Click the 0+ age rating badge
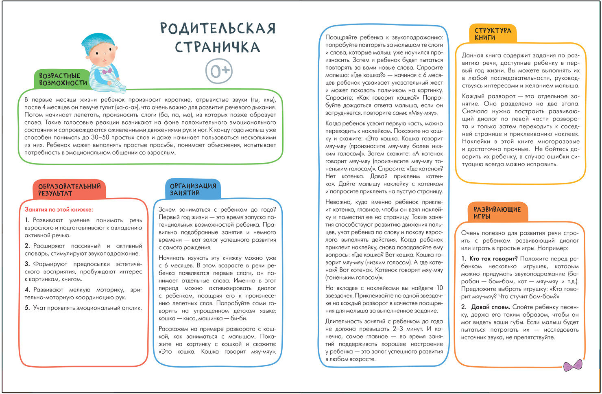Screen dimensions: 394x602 pyautogui.click(x=219, y=71)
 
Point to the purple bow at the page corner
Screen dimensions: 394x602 pyautogui.click(x=573, y=366)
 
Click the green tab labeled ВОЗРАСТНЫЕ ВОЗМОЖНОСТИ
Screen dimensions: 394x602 pyautogui.click(x=63, y=79)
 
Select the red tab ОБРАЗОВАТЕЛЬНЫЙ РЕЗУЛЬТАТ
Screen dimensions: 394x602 pyautogui.click(x=69, y=190)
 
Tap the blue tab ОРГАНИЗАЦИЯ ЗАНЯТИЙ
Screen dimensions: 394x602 pyautogui.click(x=193, y=189)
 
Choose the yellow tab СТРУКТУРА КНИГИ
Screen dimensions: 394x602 pyautogui.click(x=493, y=34)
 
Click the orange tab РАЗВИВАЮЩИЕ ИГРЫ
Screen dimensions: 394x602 pyautogui.click(x=497, y=212)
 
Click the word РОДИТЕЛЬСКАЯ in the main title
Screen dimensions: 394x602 pyautogui.click(x=218, y=28)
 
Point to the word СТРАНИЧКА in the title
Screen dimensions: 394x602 pyautogui.click(x=218, y=47)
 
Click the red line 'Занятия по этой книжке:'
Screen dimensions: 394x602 pyautogui.click(x=59, y=210)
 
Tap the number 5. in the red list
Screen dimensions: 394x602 pyautogui.click(x=27, y=308)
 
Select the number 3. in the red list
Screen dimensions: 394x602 pyautogui.click(x=27, y=264)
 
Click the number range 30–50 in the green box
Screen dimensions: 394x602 pyautogui.click(x=100, y=138)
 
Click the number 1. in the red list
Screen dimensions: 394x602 pyautogui.click(x=27, y=220)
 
